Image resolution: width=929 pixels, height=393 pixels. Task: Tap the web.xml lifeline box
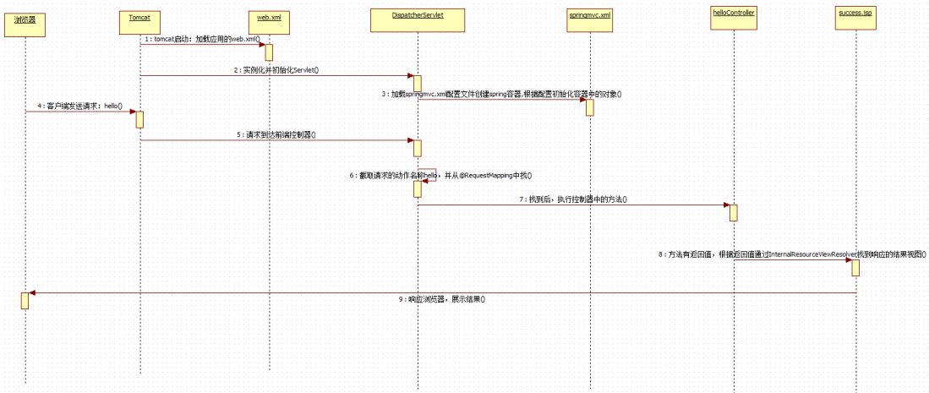[269, 20]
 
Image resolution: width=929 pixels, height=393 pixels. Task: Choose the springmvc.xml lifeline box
[590, 20]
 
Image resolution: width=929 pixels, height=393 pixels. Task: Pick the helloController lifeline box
[733, 18]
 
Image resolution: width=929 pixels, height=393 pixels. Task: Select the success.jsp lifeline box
[855, 19]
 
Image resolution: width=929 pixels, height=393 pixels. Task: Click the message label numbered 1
[202, 39]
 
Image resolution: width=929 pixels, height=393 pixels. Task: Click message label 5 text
[276, 134]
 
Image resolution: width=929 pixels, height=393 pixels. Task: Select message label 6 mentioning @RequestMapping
[440, 175]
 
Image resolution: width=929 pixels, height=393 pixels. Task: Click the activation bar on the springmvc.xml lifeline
[589, 107]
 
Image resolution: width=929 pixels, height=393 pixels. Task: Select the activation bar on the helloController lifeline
[733, 212]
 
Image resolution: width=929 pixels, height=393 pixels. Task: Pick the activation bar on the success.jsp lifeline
[855, 267]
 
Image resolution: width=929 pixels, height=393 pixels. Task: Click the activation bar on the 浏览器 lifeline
[25, 300]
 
